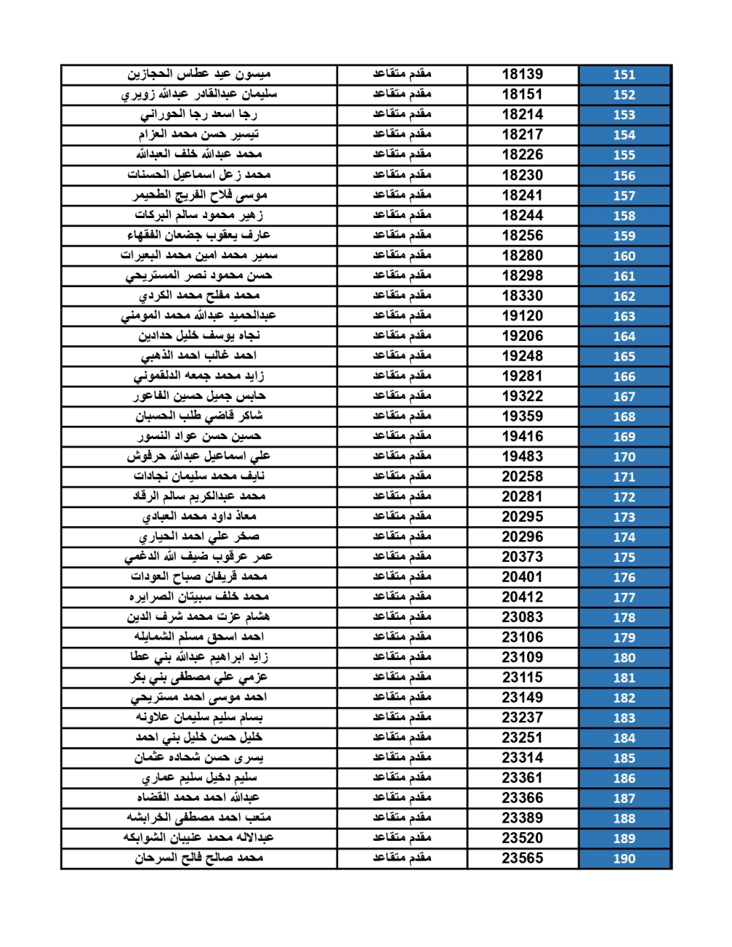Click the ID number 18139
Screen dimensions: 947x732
pos(522,74)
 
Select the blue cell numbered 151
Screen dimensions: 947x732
pos(624,75)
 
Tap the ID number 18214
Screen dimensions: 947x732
pos(522,114)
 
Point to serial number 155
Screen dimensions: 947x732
pos(624,155)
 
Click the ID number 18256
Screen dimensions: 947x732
pos(522,235)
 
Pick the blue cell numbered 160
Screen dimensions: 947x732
pos(624,256)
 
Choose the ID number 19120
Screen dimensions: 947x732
pos(522,315)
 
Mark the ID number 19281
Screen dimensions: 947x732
pos(522,375)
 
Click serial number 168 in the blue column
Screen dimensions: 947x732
pos(624,416)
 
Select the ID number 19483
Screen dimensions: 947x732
pos(522,456)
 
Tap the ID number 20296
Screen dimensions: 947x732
pos(522,536)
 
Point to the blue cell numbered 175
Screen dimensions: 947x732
pos(624,557)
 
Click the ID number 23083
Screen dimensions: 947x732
pos(522,617)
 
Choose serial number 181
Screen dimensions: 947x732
pos(624,678)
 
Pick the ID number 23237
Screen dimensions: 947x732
pos(522,717)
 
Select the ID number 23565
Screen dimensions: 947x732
pos(522,858)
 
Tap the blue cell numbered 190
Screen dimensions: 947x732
pos(624,858)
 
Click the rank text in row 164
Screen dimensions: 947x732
pos(402,335)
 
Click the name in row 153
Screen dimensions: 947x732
pos(198,114)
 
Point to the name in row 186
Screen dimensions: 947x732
pos(198,777)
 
